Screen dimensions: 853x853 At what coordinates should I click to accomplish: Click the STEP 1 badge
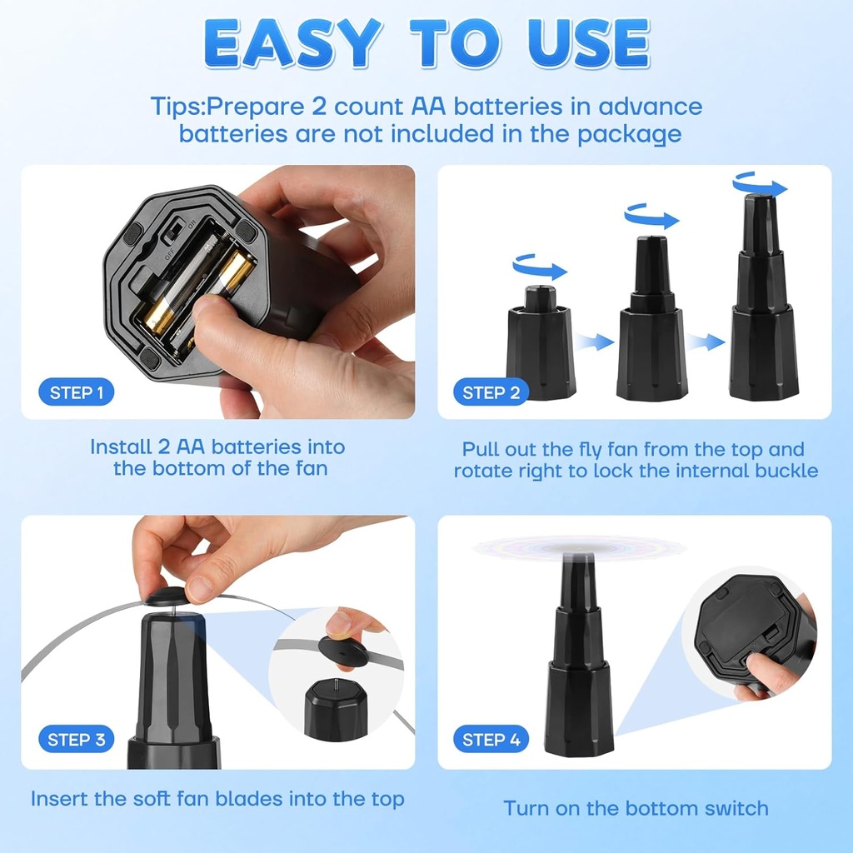[76, 392]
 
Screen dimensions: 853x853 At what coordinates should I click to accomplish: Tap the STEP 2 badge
[491, 392]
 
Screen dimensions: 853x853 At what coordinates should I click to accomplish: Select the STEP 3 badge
[76, 739]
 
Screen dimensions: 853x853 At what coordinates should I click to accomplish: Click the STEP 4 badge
[491, 739]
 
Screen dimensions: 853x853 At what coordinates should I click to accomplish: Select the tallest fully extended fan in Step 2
[763, 300]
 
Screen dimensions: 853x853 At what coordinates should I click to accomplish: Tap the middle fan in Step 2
[651, 321]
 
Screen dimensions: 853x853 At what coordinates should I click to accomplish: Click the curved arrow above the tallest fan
[759, 184]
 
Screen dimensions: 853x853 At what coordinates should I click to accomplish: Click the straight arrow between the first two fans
[596, 341]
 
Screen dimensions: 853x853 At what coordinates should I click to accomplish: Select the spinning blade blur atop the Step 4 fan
[579, 548]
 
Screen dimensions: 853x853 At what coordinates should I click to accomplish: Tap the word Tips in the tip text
[177, 107]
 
